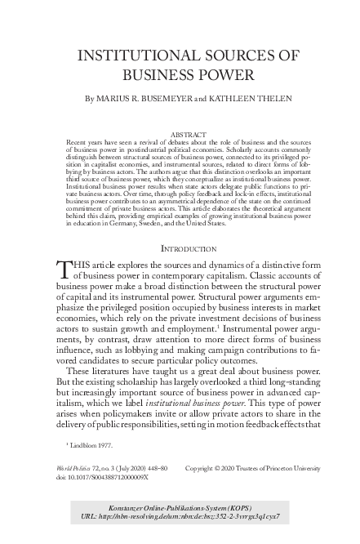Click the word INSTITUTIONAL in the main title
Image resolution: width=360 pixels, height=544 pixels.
[140, 56]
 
